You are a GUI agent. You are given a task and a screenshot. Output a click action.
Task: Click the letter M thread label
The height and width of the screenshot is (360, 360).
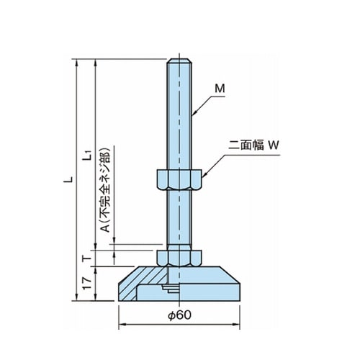click(x=220, y=89)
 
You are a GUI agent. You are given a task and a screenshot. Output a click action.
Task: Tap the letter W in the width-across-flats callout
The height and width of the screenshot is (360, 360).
click(x=273, y=145)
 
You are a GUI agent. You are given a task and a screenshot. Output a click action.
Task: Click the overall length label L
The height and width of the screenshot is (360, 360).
click(x=68, y=179)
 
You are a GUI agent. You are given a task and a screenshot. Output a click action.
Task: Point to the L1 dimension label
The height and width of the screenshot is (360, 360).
click(x=87, y=156)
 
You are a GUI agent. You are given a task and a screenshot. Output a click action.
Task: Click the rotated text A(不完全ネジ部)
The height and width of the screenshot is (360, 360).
click(x=105, y=189)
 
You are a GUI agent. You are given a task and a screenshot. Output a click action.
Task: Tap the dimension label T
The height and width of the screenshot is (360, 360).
click(x=86, y=258)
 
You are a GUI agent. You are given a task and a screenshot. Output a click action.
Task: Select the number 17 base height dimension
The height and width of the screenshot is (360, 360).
click(x=86, y=283)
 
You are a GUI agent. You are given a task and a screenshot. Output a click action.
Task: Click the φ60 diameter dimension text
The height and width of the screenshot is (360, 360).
click(x=180, y=315)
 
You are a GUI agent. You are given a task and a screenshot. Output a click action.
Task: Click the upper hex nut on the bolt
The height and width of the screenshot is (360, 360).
click(x=179, y=179)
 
